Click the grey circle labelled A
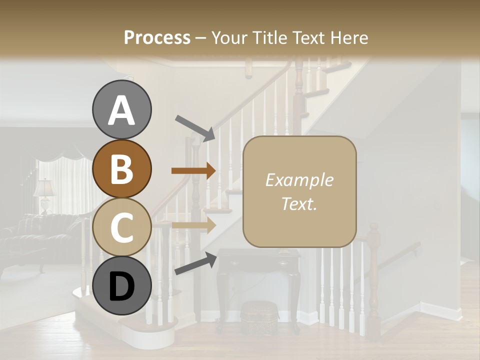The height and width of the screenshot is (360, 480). pos(121,109)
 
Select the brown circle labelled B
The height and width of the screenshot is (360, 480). pos(121,168)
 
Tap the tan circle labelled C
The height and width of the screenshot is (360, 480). pos(121,227)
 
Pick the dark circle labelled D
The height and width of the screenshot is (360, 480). pos(121,285)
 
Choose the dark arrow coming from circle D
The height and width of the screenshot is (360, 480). pos(195,263)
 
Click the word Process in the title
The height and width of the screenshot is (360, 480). pos(157,38)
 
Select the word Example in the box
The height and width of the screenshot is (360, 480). pos(299,180)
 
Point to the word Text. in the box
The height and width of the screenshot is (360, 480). pos(299,203)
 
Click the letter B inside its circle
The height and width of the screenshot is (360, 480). pos(121,168)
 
